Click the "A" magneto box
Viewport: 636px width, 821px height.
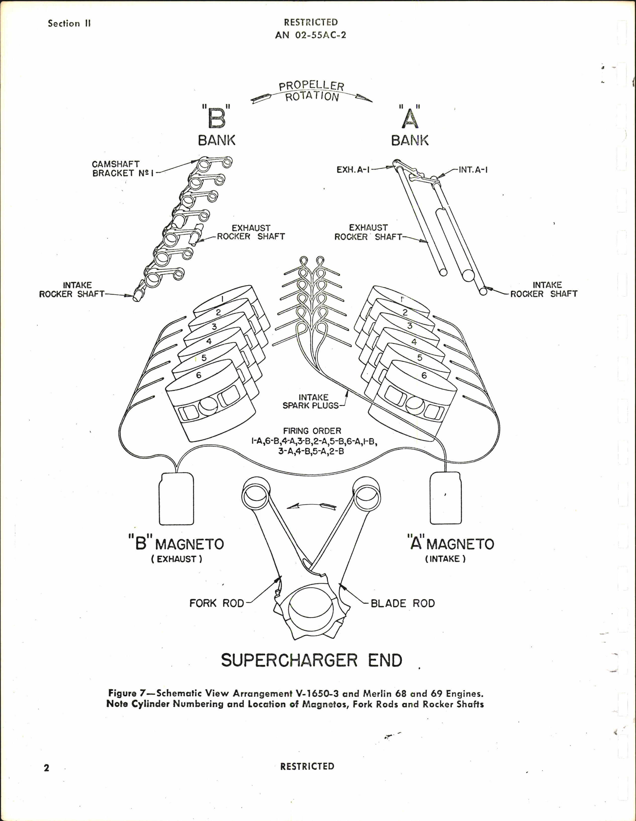445,498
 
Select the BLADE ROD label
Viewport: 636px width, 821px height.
403,603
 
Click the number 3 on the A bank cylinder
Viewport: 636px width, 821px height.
410,326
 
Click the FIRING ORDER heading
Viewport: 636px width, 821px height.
312,431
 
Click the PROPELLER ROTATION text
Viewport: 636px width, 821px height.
312,91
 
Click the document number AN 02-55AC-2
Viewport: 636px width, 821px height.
311,35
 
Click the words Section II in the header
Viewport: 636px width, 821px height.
69,24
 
